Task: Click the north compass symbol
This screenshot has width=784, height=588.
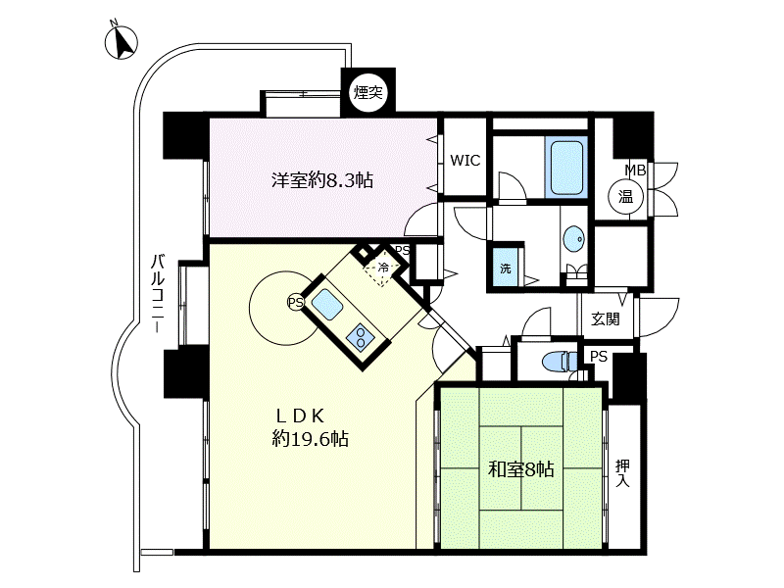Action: point(121,41)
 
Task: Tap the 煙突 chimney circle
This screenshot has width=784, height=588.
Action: point(368,91)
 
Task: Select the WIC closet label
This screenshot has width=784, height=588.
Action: point(465,161)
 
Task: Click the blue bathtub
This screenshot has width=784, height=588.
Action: point(566,167)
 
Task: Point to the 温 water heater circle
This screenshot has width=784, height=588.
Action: point(625,197)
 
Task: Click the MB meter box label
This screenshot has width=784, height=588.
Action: point(635,171)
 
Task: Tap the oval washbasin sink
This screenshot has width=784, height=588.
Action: point(573,240)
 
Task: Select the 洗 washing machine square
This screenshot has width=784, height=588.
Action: point(506,268)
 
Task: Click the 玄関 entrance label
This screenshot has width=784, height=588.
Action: point(605,318)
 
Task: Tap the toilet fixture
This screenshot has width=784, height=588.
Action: point(561,361)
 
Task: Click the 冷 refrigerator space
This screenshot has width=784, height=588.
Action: point(382,267)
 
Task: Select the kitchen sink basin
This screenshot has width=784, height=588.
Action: point(327,304)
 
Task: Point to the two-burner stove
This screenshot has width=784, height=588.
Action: point(362,335)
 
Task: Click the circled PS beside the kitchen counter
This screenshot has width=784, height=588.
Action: point(295,302)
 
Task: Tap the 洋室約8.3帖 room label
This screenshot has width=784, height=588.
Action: point(322,180)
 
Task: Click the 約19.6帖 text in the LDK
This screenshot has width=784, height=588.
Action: point(310,438)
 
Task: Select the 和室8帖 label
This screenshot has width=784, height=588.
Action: point(520,469)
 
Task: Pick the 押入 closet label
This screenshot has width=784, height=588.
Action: point(622,473)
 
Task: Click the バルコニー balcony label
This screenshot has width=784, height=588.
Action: point(159,293)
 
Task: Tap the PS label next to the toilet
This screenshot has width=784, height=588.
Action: point(599,357)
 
